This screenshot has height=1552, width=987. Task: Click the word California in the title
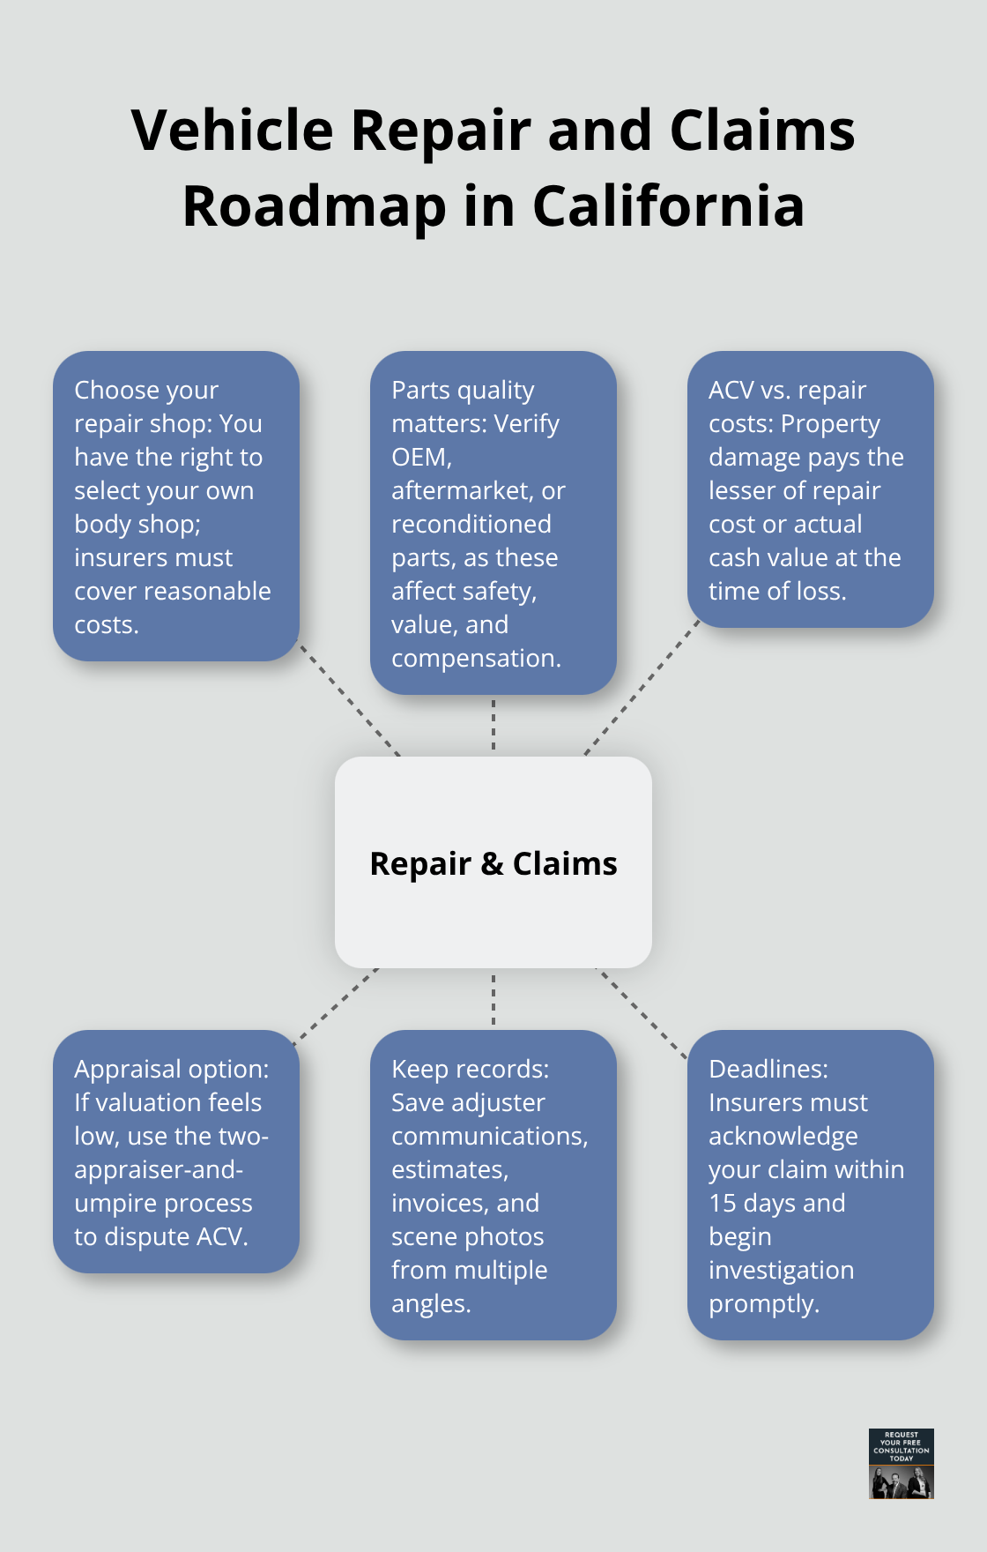click(x=668, y=206)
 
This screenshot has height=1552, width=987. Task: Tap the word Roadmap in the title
click(x=315, y=206)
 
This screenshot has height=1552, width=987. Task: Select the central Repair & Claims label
click(x=493, y=863)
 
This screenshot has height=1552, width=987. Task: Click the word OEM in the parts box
click(x=419, y=457)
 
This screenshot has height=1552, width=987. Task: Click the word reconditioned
click(x=471, y=524)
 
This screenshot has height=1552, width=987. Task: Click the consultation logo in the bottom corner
click(x=901, y=1463)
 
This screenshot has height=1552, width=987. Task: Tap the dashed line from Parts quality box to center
click(x=493, y=725)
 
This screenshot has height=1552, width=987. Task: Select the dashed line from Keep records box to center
click(x=493, y=999)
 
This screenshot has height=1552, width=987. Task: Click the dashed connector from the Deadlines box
click(x=642, y=1012)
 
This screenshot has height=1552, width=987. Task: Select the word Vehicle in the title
click(x=232, y=131)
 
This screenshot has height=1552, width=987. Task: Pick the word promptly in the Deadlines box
click(x=763, y=1303)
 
